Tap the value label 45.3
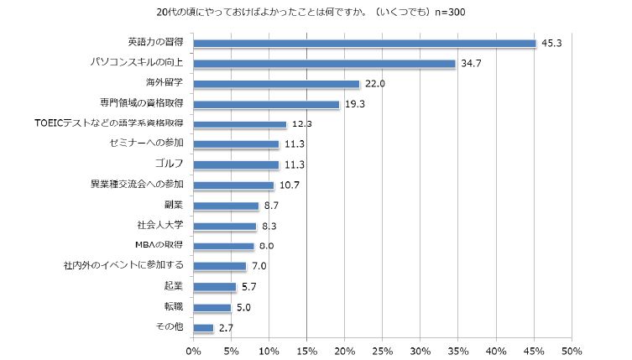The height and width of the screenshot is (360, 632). pyautogui.click(x=551, y=44)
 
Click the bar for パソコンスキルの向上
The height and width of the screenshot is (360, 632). pyautogui.click(x=324, y=64)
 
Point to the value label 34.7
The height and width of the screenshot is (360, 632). pyautogui.click(x=471, y=64)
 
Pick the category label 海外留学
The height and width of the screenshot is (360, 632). pyautogui.click(x=165, y=83)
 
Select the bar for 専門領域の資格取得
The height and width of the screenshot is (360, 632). pyautogui.click(x=266, y=104)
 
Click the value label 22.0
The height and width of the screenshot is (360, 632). pyautogui.click(x=374, y=84)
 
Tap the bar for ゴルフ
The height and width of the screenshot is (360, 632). pyautogui.click(x=236, y=164)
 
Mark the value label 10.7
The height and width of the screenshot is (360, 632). pyautogui.click(x=289, y=185)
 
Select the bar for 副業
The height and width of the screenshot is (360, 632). pyautogui.click(x=226, y=206)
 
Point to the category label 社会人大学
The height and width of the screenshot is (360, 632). pyautogui.click(x=159, y=226)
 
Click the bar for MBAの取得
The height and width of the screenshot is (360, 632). pyautogui.click(x=223, y=246)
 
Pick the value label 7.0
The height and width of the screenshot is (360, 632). pyautogui.click(x=260, y=266)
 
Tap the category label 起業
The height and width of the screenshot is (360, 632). pyautogui.click(x=173, y=286)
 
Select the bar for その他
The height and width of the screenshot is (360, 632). pyautogui.click(x=204, y=327)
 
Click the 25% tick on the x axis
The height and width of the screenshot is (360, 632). pyautogui.click(x=383, y=349)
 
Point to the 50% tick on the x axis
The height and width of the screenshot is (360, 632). pyautogui.click(x=572, y=349)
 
